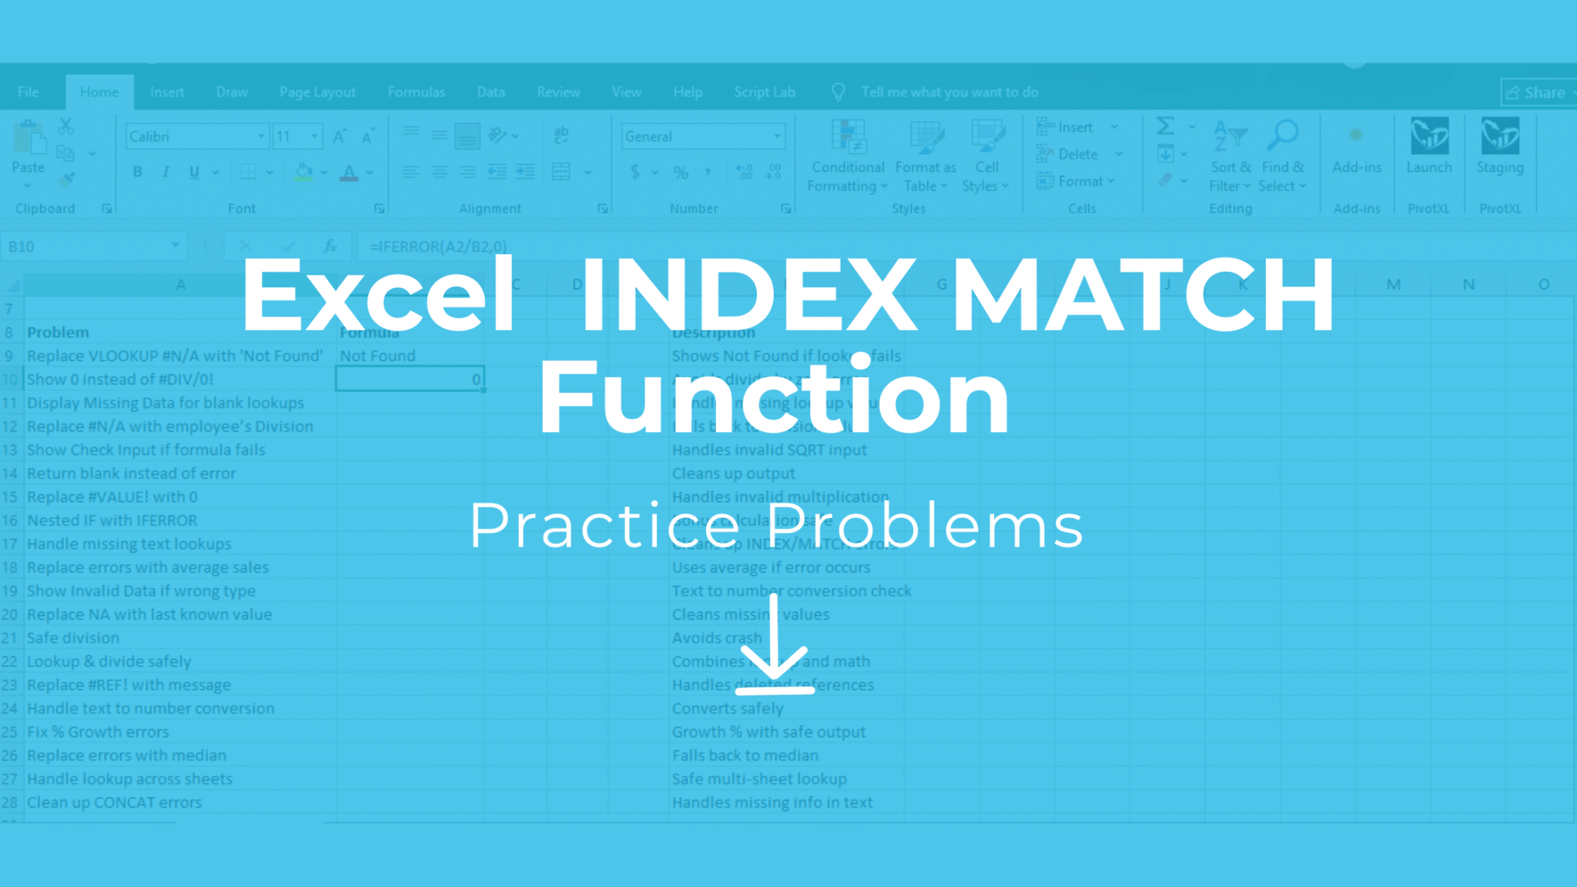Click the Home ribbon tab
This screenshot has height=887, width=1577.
(99, 92)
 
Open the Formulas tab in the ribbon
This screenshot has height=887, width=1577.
(416, 92)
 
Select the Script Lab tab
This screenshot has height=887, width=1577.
(764, 92)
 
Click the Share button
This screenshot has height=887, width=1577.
(1537, 93)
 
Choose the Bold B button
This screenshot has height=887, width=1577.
(137, 172)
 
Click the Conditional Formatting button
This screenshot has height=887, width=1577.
(848, 158)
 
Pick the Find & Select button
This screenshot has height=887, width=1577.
(1282, 158)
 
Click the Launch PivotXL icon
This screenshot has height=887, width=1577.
(1429, 146)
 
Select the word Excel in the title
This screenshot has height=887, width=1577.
(377, 296)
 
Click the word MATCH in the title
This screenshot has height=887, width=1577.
(1143, 296)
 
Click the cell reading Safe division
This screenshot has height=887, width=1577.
(73, 638)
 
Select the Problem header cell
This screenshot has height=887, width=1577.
(58, 333)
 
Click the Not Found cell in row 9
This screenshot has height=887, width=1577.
(377, 356)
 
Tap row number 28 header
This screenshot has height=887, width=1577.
(10, 802)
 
